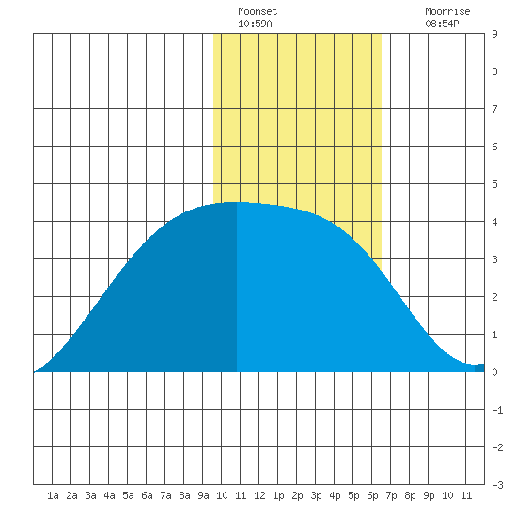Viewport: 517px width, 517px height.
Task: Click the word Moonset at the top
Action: pos(258,11)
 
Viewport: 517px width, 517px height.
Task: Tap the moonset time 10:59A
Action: pos(255,23)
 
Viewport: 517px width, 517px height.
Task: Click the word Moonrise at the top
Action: pos(447,11)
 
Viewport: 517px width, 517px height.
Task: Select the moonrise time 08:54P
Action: pos(442,23)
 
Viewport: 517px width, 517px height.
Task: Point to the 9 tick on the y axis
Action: pos(494,34)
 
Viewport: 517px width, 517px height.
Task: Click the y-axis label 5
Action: pos(494,184)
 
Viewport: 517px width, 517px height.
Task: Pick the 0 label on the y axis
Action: pos(494,372)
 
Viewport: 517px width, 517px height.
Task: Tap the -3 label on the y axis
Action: pos(497,485)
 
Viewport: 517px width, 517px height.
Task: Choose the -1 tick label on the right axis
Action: pos(497,410)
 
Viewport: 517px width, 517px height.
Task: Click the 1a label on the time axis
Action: pos(53,495)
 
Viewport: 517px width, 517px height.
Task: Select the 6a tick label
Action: pos(147,495)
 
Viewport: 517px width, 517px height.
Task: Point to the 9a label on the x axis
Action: pos(203,495)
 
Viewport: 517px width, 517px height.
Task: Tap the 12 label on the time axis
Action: pos(259,495)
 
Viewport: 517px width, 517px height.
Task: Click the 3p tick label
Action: pos(316,495)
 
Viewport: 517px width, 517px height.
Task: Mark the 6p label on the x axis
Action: pos(372,495)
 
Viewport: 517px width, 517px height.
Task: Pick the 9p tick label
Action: pos(429,495)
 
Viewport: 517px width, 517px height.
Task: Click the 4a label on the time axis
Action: pos(109,495)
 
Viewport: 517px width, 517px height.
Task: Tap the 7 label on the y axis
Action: pos(494,109)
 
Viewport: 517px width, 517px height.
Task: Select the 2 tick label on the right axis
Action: pos(494,297)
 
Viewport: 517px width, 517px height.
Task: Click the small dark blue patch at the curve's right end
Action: pos(479,368)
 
